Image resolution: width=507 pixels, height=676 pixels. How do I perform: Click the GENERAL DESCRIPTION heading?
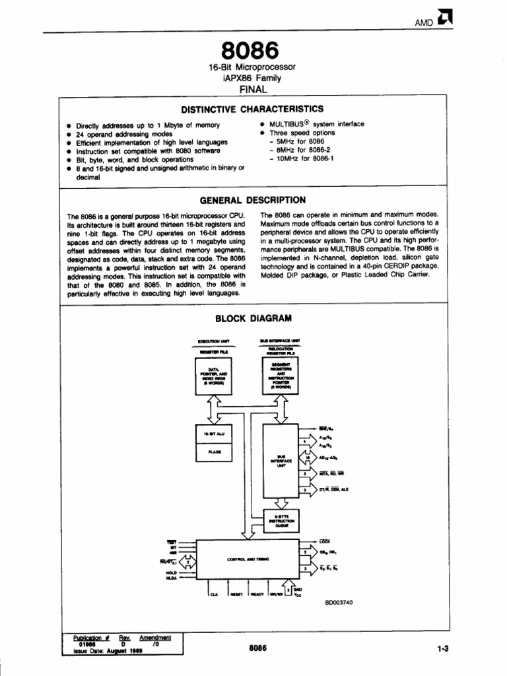tap(252, 200)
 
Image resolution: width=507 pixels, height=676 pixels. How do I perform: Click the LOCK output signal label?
tap(325, 541)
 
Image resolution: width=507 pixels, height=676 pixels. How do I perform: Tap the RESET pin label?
tap(236, 594)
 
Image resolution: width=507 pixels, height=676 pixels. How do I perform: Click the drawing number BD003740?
tap(340, 602)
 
